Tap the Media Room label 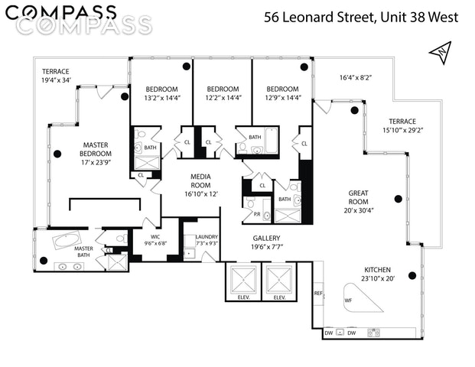[x=200, y=180]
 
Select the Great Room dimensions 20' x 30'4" [x=359, y=210]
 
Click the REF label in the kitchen [x=318, y=293]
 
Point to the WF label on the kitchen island [x=348, y=300]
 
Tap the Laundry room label [x=207, y=237]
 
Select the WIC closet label [x=155, y=237]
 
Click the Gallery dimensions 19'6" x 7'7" [x=267, y=247]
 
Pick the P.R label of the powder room [x=257, y=214]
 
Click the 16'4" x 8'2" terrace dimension [x=356, y=77]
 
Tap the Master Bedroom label [x=96, y=149]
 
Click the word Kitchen [x=377, y=270]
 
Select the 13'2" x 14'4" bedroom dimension [x=162, y=98]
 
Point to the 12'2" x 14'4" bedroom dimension [x=223, y=98]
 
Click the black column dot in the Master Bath [x=44, y=261]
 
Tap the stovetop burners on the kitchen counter [x=373, y=333]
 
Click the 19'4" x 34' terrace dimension [x=56, y=80]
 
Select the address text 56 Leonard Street [x=320, y=18]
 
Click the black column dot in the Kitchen [x=412, y=275]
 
